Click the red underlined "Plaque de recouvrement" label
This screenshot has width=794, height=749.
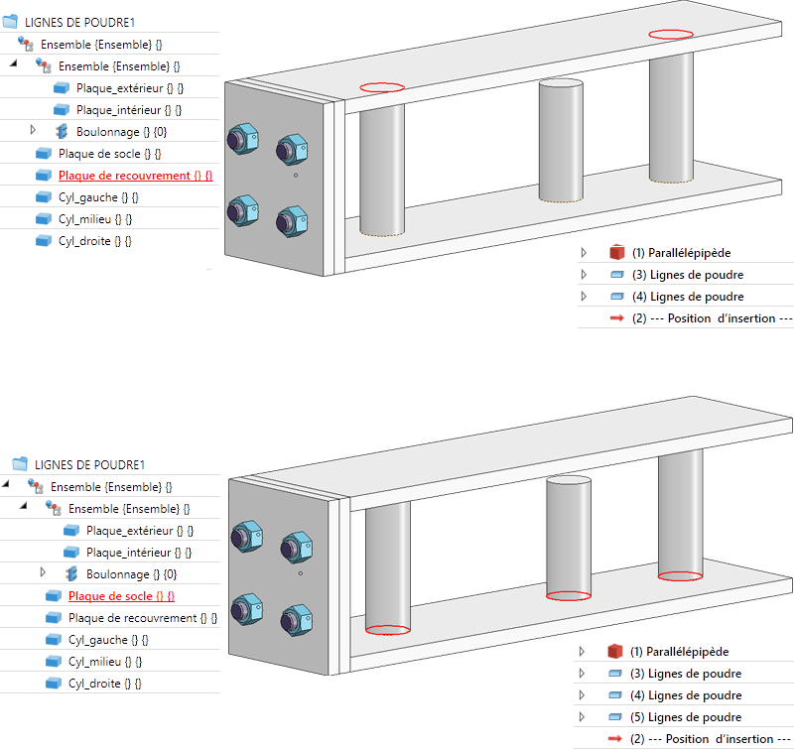(x=135, y=176)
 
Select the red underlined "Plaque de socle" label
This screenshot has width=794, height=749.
(x=121, y=596)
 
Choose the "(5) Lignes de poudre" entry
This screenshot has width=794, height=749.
(x=686, y=717)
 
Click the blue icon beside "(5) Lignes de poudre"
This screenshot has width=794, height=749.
(x=614, y=717)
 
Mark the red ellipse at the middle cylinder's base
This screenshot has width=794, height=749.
(x=569, y=596)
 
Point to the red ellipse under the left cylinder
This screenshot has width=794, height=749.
(x=388, y=629)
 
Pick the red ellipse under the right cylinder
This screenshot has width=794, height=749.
(x=680, y=575)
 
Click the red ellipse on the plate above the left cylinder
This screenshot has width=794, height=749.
(x=382, y=87)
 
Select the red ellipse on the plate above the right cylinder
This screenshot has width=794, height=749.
(x=672, y=34)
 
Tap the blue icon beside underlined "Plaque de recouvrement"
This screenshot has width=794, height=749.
(x=43, y=176)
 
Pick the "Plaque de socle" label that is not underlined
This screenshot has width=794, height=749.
(x=109, y=154)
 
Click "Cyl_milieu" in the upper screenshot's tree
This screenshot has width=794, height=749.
(x=94, y=219)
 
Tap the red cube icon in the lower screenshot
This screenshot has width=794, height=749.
(x=614, y=652)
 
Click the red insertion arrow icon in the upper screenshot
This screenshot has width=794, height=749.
(x=616, y=318)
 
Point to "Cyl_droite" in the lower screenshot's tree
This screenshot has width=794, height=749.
(x=104, y=684)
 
